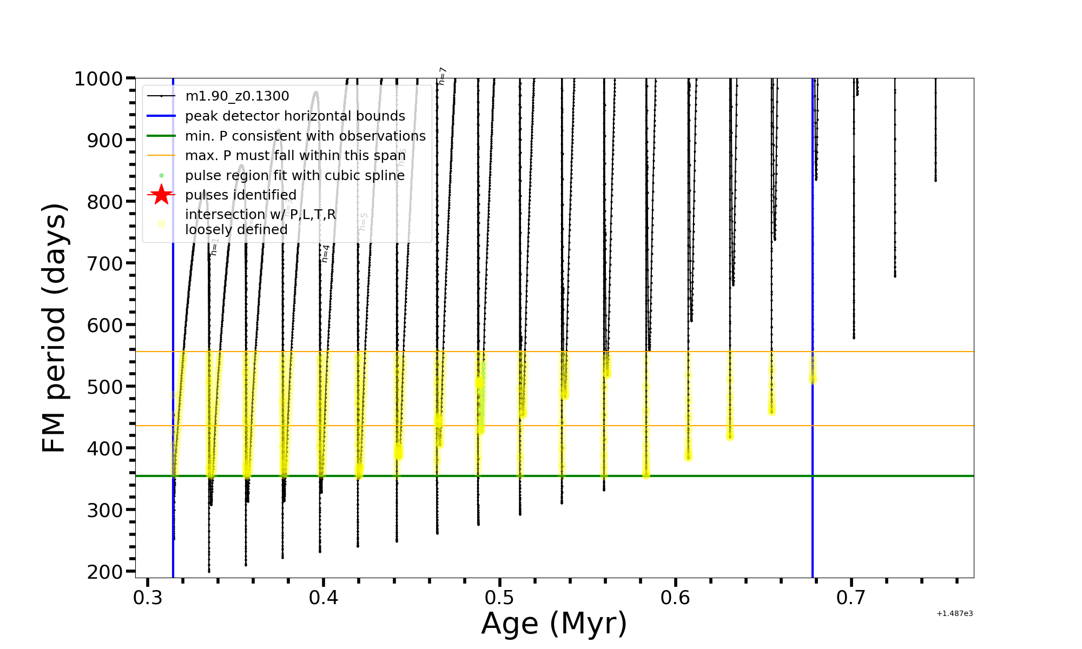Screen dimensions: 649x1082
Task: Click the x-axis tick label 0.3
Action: [x=148, y=598]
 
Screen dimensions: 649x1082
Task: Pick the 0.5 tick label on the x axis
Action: [x=499, y=598]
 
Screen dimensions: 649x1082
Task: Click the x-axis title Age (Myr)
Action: [x=554, y=624]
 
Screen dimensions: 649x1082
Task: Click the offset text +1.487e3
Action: [x=954, y=614]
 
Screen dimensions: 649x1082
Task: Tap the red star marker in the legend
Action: [x=161, y=195]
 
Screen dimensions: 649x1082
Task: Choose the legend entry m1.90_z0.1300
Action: [x=237, y=96]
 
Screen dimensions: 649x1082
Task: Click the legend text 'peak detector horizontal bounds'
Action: [x=295, y=116]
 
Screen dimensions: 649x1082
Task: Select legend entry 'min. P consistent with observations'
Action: [x=305, y=136]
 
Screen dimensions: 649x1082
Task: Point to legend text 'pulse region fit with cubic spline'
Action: [x=295, y=176]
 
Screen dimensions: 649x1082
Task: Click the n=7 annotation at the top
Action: [x=442, y=76]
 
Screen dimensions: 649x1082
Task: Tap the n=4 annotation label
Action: [x=325, y=253]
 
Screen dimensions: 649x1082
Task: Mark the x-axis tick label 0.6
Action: [x=675, y=598]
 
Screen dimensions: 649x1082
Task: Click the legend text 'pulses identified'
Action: [x=241, y=195]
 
